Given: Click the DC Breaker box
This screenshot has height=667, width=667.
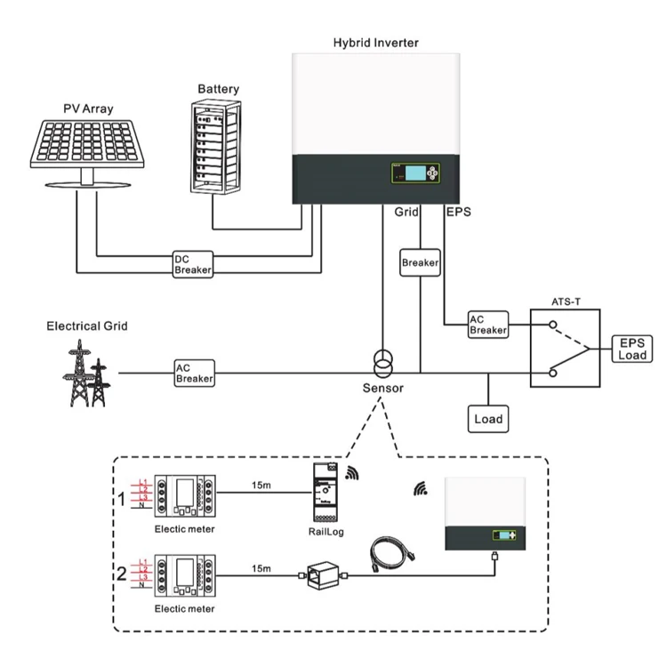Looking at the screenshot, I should [x=192, y=263].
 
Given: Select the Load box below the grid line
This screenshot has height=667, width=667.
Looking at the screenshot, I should [x=487, y=418].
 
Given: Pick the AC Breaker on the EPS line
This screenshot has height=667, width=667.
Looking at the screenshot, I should [x=488, y=325].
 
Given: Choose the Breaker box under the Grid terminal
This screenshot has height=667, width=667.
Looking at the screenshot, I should [x=420, y=263].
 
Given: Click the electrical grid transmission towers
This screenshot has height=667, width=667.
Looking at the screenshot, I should [x=86, y=373].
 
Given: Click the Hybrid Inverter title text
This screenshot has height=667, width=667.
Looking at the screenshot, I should [x=375, y=42].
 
